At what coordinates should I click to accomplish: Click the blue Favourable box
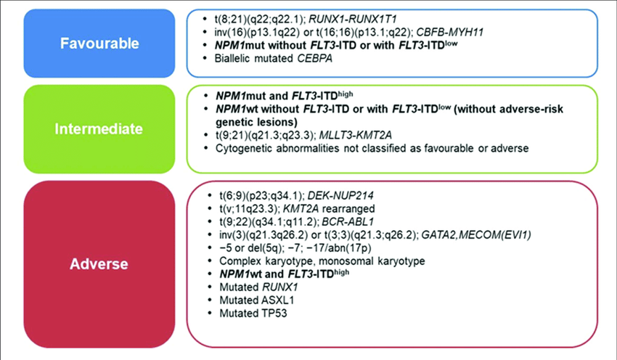point(99,43)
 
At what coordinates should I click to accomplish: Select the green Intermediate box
point(99,128)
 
